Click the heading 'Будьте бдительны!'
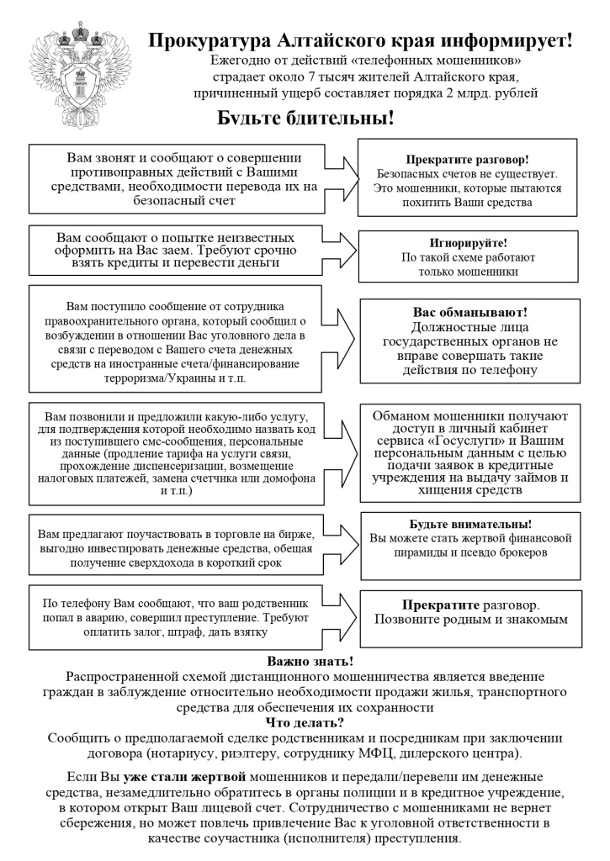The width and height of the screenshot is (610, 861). click(305, 118)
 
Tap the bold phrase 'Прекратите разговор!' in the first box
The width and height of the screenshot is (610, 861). click(467, 159)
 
